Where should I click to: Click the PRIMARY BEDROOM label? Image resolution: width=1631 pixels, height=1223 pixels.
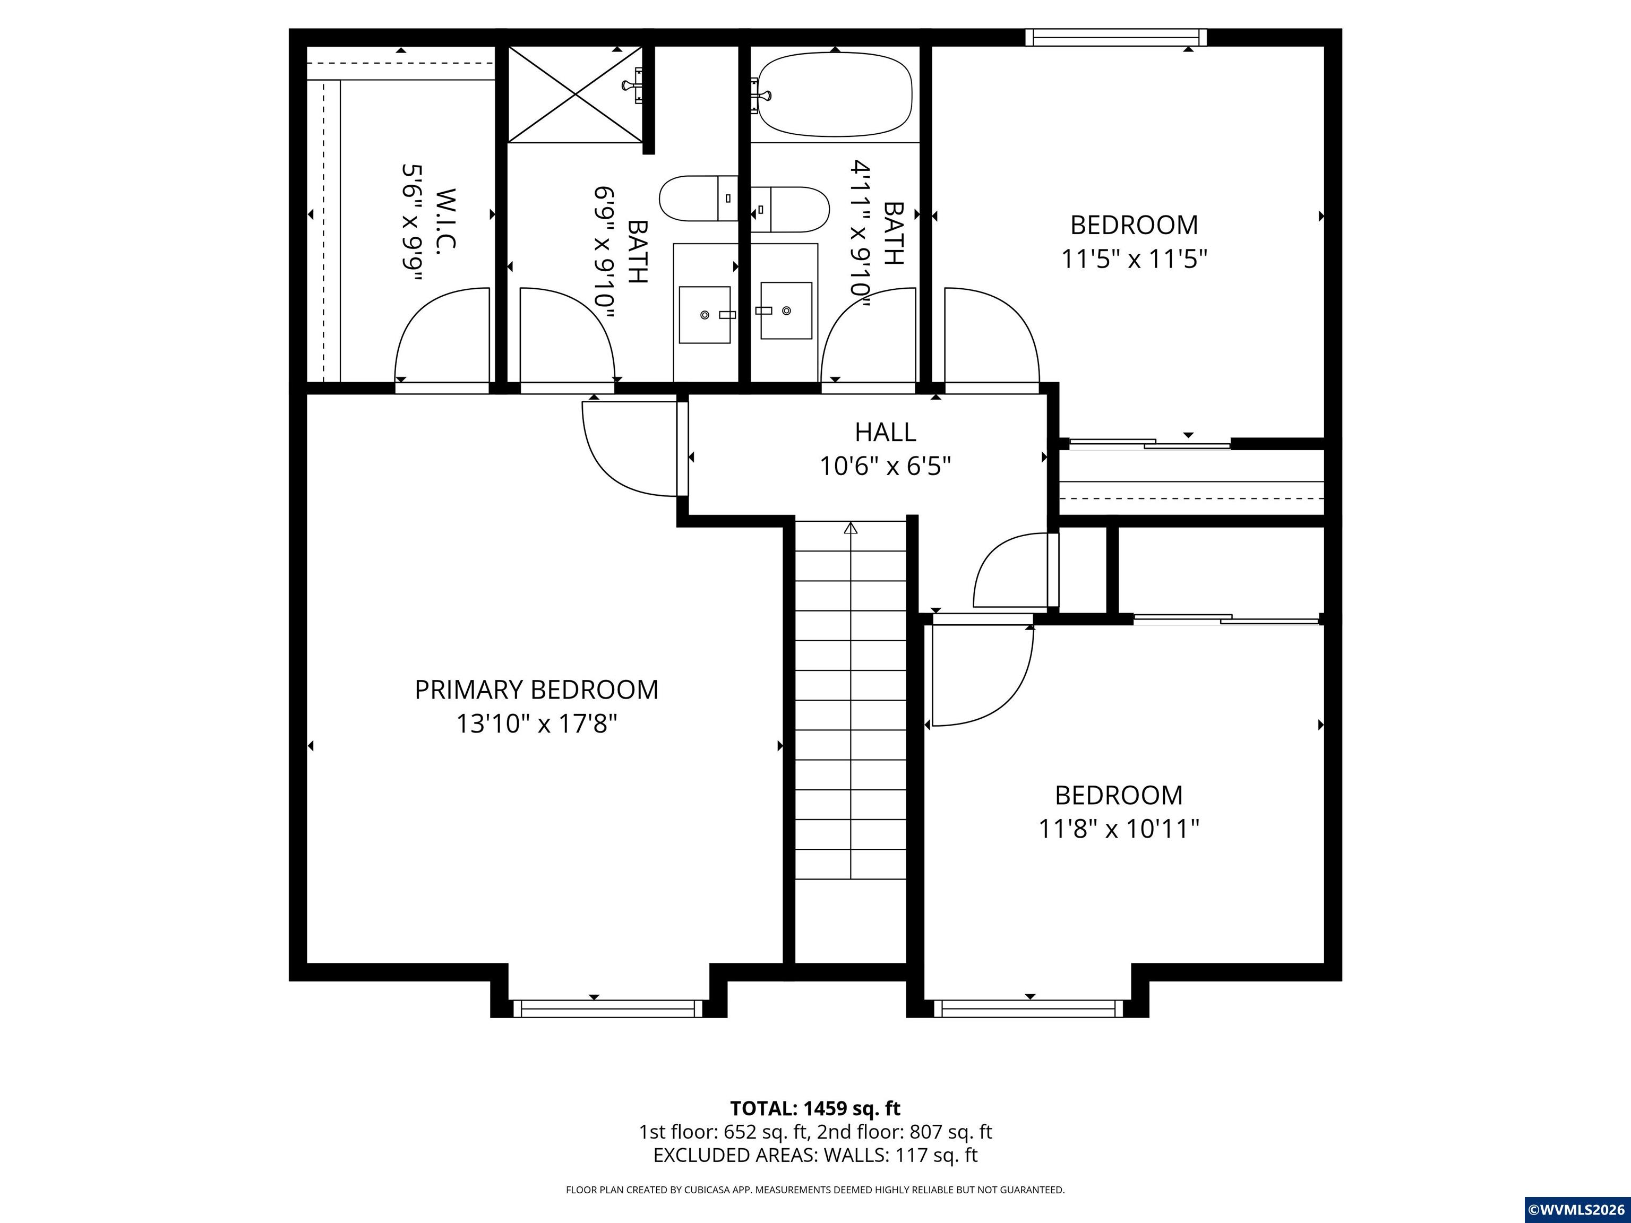pyautogui.click(x=536, y=690)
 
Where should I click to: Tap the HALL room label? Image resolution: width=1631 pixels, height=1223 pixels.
pyautogui.click(x=885, y=432)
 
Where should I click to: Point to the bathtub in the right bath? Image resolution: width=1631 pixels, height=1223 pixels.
pyautogui.click(x=835, y=94)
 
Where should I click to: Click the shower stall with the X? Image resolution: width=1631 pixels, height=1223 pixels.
pyautogui.click(x=574, y=93)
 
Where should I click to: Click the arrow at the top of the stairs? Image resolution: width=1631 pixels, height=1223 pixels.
pyautogui.click(x=851, y=528)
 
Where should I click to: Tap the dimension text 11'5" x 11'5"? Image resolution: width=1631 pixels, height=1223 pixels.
pyautogui.click(x=1134, y=260)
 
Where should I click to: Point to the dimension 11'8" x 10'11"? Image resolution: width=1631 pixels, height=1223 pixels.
pyautogui.click(x=1119, y=829)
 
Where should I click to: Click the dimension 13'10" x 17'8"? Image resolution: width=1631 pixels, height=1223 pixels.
pyautogui.click(x=536, y=724)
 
